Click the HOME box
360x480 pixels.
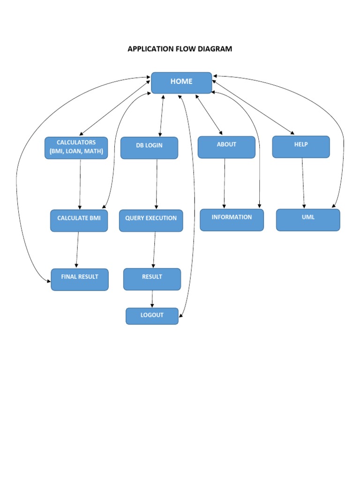pos(181,82)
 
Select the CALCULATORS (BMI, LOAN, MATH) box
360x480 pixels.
pos(76,148)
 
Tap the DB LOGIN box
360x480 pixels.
pos(149,148)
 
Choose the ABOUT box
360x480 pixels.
pos(226,147)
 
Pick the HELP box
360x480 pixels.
pos(301,147)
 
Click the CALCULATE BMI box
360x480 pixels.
pos(79,220)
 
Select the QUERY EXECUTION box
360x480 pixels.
pos(151,220)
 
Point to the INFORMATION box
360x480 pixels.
pos(232,220)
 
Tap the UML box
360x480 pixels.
pos(308,220)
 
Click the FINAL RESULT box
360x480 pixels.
pos(80,279)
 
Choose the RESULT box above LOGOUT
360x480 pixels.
pos(152,279)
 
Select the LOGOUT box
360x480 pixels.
pos(152,316)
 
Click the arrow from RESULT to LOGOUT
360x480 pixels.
pos(152,299)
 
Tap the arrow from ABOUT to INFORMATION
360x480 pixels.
pos(225,183)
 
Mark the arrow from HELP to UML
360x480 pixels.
pos(303,183)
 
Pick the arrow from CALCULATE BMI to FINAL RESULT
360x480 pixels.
pos(77,250)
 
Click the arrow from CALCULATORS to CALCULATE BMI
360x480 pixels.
pos(80,184)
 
